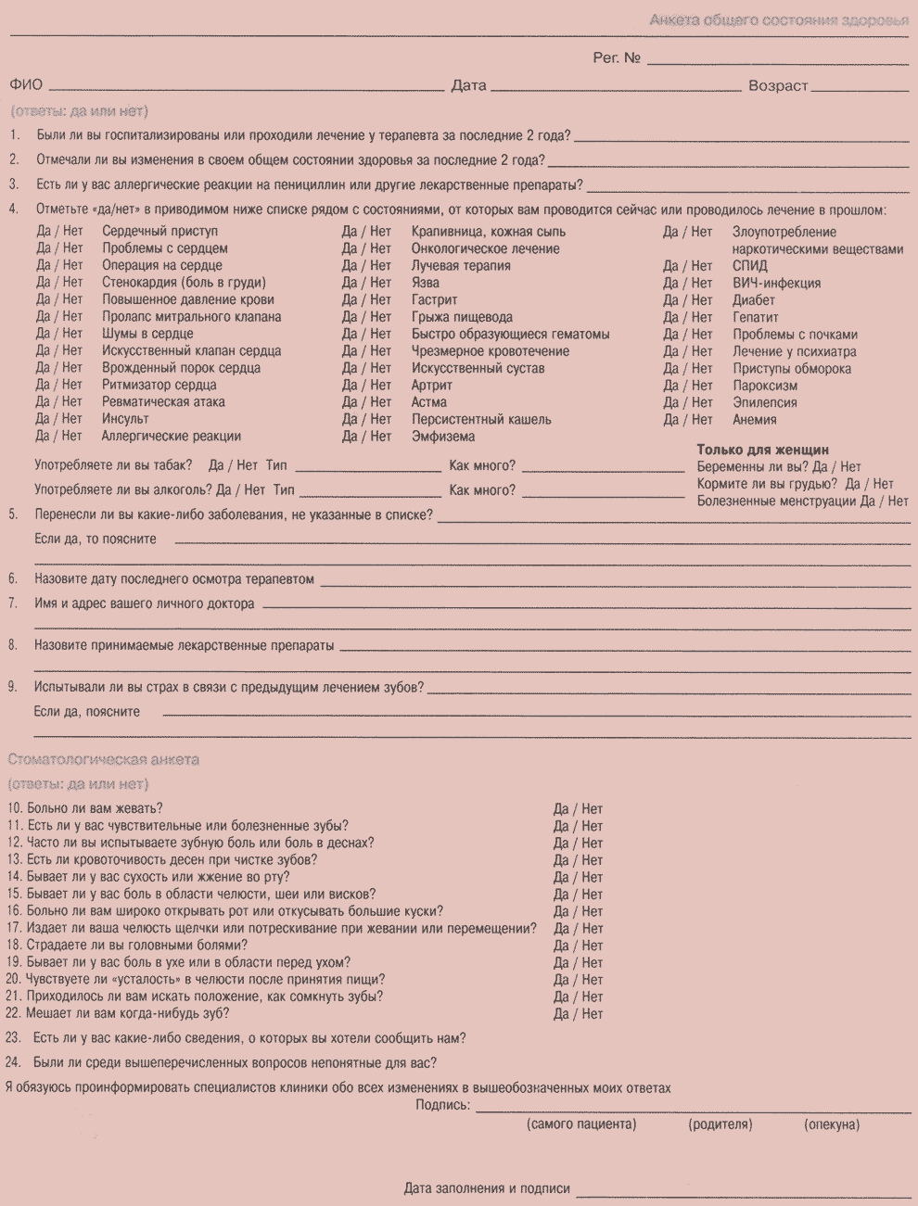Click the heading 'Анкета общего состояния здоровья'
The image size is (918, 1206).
click(x=778, y=20)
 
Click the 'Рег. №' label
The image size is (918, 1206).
click(x=617, y=57)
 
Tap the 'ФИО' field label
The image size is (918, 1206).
click(x=26, y=85)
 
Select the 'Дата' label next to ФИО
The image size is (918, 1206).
click(x=468, y=85)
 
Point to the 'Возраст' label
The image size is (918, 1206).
click(x=778, y=85)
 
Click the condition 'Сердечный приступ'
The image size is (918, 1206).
click(x=159, y=231)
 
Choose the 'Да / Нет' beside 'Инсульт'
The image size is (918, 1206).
click(x=59, y=419)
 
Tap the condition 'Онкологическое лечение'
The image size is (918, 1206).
click(x=485, y=248)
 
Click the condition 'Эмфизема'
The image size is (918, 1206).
click(x=442, y=437)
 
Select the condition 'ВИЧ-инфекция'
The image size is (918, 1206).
click(x=776, y=283)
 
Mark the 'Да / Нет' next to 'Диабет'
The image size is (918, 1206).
click(x=687, y=300)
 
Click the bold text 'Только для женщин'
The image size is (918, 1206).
click(x=762, y=451)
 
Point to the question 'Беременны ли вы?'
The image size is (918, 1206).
click(x=752, y=467)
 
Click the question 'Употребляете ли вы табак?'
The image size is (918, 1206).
click(x=114, y=465)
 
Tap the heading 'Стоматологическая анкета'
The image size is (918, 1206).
click(x=104, y=760)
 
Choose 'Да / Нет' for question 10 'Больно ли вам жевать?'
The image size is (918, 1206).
click(x=578, y=809)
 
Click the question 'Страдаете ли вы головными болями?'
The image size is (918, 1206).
click(x=137, y=946)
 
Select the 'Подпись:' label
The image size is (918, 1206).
click(x=442, y=1105)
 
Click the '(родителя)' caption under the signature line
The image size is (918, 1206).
click(x=720, y=1124)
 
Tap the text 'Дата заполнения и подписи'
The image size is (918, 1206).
click(x=487, y=1188)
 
